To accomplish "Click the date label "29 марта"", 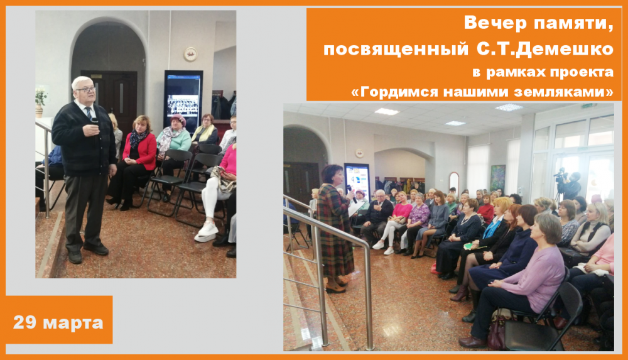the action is [58, 322].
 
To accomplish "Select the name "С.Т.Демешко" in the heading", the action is [544, 49].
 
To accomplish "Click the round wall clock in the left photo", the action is [190, 54].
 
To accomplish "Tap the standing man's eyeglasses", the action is [86, 89].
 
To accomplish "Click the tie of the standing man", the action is [89, 112].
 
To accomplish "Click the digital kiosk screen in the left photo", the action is [183, 101].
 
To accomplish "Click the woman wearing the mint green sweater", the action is [173, 145].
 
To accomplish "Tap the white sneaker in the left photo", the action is [206, 232].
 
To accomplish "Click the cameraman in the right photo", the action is [569, 185].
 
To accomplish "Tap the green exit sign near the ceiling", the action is [589, 106].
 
